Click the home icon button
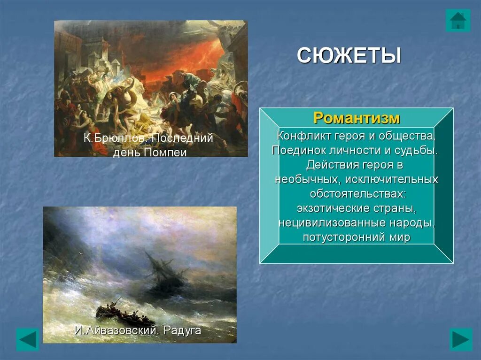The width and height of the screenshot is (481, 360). [458, 20]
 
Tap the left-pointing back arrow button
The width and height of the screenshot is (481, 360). [28, 339]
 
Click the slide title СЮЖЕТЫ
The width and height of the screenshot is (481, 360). [349, 55]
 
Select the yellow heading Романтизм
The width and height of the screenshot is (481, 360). [357, 118]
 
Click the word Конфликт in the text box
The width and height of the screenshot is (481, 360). [303, 136]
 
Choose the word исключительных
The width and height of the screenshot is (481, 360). [392, 179]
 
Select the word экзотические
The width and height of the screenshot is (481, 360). [334, 208]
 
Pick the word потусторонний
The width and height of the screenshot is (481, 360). [340, 237]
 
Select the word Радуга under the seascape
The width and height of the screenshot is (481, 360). [182, 330]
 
